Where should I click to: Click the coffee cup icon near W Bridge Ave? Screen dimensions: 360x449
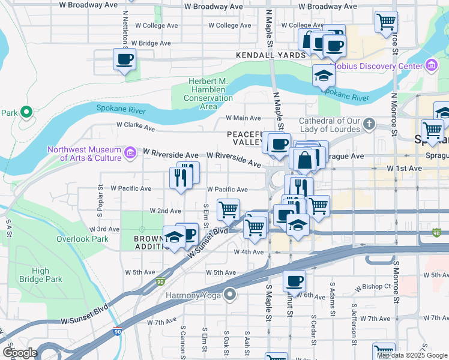125,59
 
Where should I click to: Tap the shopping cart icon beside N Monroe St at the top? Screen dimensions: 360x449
386,22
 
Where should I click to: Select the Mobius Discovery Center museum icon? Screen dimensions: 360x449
430,65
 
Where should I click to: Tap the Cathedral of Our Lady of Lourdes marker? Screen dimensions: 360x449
369,124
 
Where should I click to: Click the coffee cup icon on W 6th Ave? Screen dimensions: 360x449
294,281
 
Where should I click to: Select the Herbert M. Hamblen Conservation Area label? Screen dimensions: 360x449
208,94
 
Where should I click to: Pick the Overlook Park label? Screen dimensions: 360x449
82,238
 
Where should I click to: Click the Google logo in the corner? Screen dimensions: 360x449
20,352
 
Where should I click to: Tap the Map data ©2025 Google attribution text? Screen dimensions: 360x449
411,355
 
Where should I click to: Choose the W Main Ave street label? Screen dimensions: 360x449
243,118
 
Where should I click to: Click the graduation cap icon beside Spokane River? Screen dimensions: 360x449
324,76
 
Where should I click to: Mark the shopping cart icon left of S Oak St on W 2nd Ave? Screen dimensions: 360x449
228,210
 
